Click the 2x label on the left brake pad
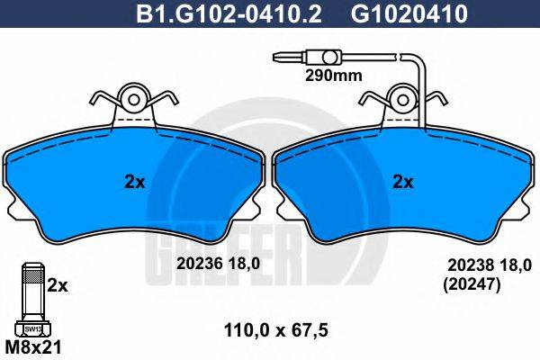coord(135,181)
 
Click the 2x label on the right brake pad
coord(402,181)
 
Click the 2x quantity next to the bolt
coord(57,285)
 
